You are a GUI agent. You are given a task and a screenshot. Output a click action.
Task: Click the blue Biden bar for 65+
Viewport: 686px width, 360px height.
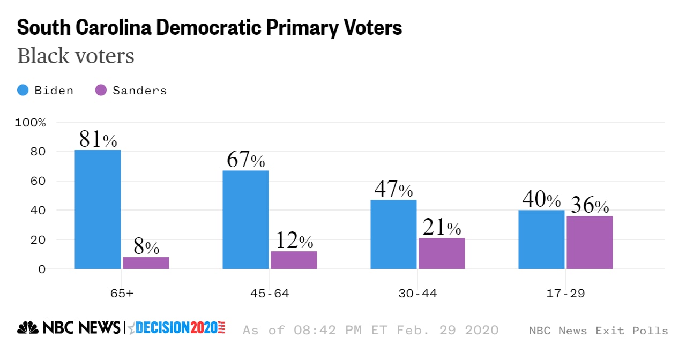click(x=98, y=209)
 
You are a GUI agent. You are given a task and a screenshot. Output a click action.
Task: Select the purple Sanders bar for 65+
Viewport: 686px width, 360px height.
click(x=146, y=263)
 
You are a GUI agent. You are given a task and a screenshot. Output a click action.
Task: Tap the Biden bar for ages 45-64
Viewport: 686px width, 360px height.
click(x=245, y=220)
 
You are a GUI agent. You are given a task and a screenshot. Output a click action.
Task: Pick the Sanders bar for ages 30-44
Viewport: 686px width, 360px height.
click(x=442, y=253)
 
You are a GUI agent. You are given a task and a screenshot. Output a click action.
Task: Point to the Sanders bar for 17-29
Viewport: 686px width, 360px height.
click(x=590, y=242)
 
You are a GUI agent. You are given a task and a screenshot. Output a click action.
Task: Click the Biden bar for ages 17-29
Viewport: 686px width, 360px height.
click(x=541, y=239)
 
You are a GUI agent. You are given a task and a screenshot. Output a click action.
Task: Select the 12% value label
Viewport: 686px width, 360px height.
click(x=294, y=241)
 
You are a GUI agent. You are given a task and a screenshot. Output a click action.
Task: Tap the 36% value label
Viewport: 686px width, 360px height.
click(x=590, y=206)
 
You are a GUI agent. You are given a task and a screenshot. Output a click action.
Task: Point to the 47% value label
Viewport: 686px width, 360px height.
click(x=393, y=190)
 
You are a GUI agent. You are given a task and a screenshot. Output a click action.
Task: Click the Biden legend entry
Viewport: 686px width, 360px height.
click(x=46, y=91)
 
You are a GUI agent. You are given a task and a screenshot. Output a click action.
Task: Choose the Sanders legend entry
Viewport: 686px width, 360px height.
click(x=131, y=91)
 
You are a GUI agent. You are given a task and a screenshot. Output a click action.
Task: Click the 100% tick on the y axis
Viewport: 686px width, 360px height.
click(x=31, y=123)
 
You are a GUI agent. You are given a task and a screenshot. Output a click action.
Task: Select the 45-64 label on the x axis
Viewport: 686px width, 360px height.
click(x=270, y=294)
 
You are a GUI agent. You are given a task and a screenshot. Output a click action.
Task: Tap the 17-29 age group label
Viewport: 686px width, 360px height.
click(x=565, y=294)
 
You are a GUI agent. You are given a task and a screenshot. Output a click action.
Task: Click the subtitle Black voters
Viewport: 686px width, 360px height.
click(x=76, y=56)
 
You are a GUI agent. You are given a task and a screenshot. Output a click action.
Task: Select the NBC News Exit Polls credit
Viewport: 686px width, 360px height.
click(x=599, y=331)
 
